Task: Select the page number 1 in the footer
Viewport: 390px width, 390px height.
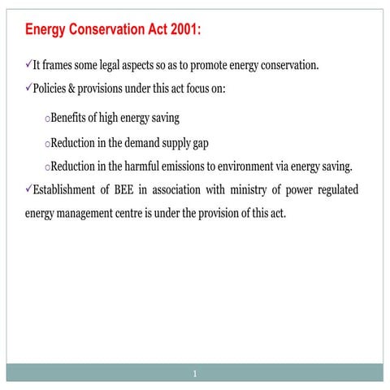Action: click(x=195, y=374)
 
